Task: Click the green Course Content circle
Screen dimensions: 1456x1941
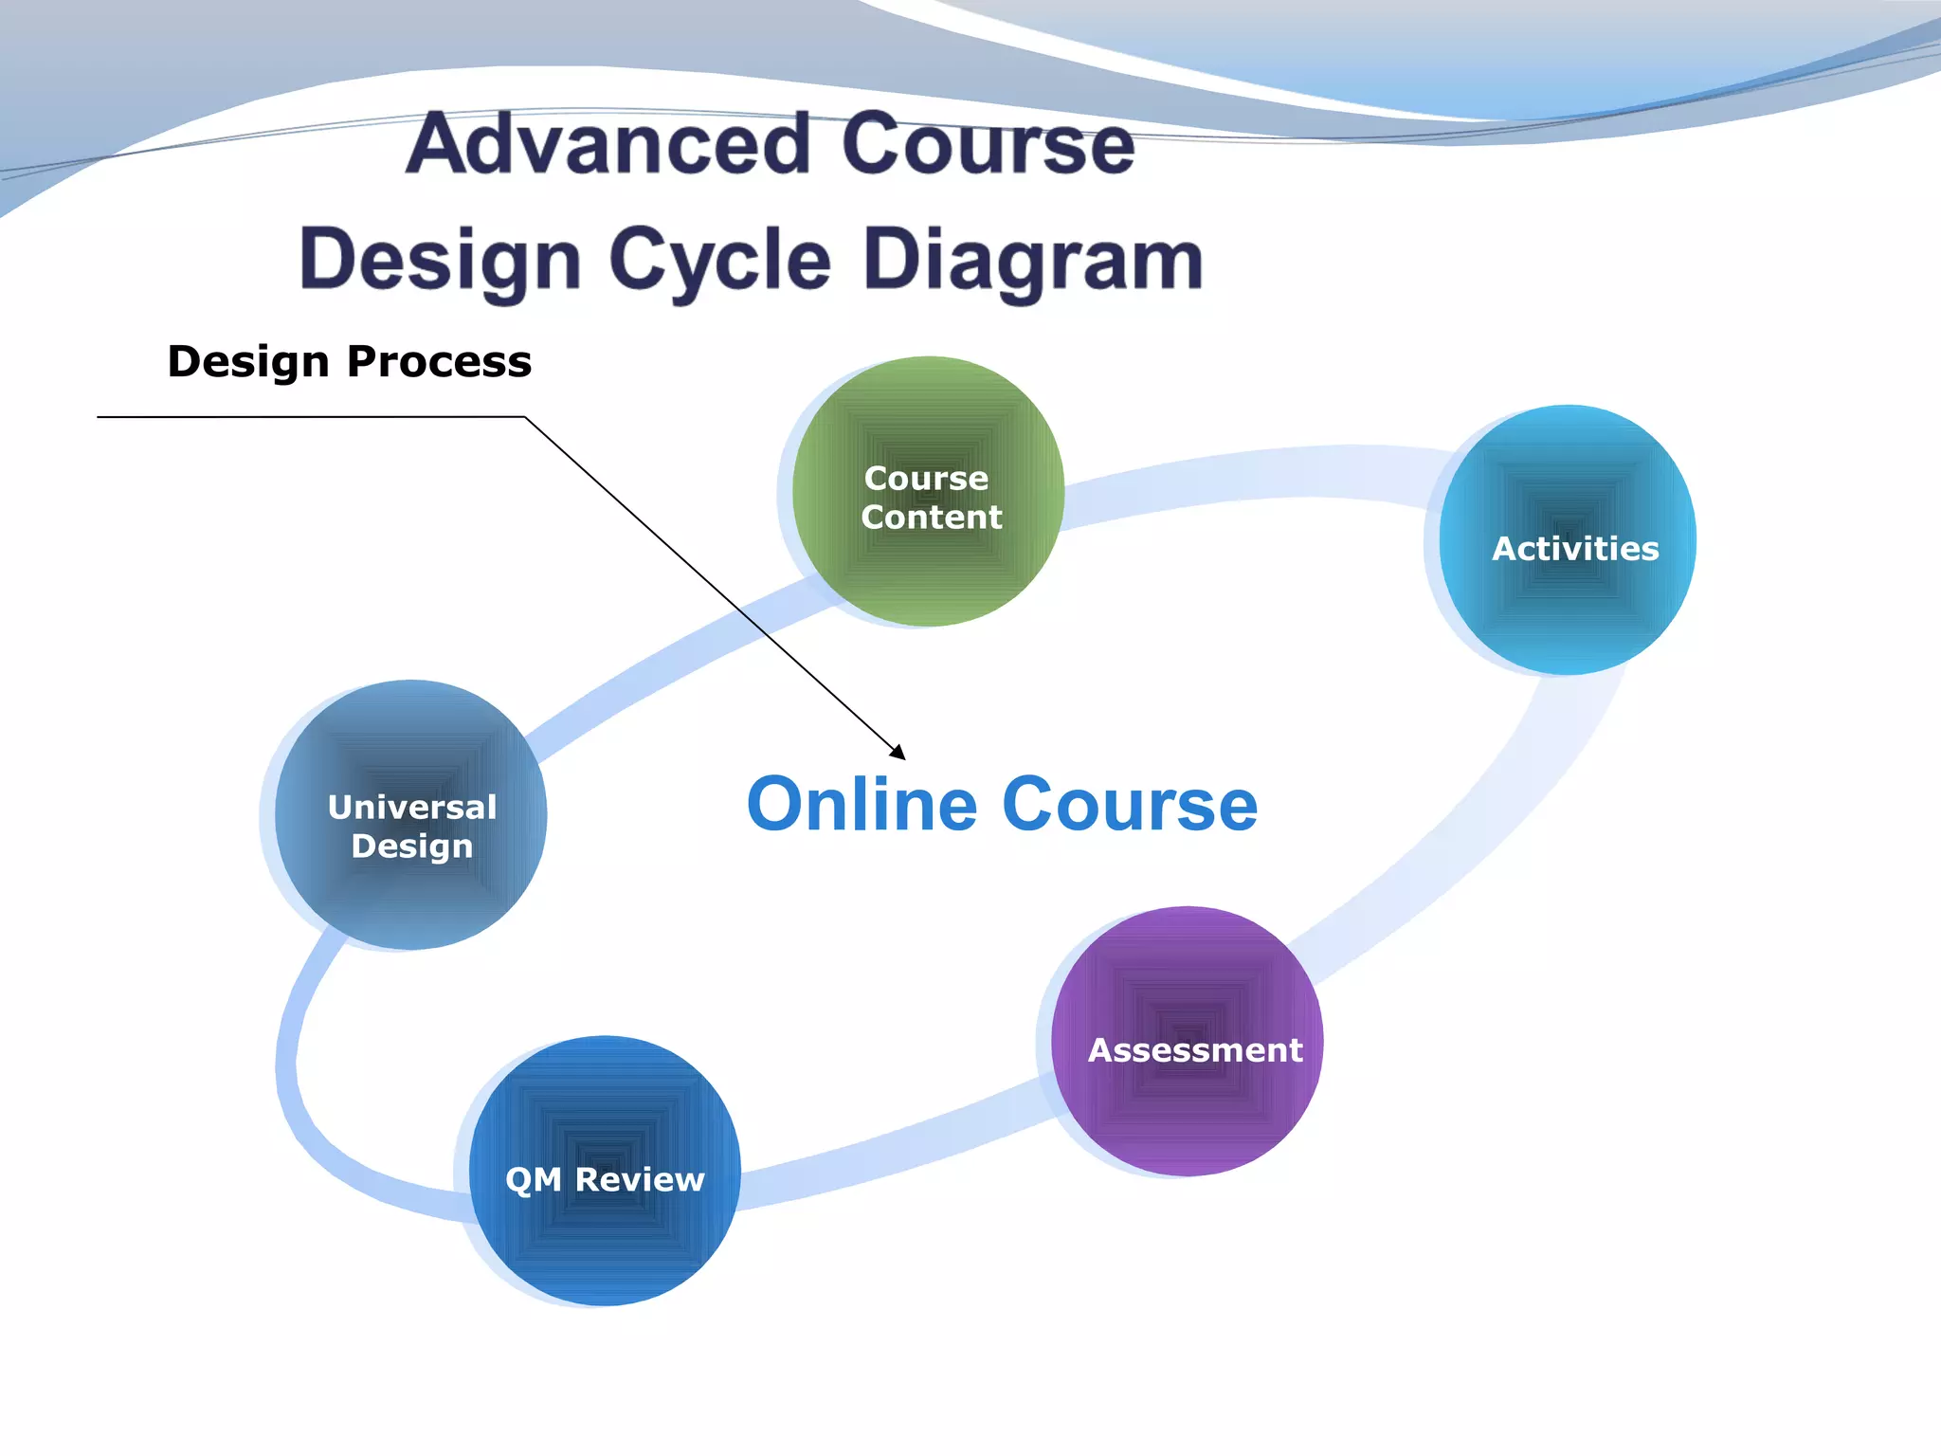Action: point(927,569)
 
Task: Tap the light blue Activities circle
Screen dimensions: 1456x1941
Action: point(1568,607)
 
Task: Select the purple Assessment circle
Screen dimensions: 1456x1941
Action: point(1187,1109)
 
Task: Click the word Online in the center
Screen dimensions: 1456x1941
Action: point(861,805)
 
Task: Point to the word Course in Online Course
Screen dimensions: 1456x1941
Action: point(1130,805)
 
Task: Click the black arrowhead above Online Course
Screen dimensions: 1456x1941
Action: point(898,753)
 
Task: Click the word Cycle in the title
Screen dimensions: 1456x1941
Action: point(719,261)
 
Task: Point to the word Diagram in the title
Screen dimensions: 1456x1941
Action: point(1033,261)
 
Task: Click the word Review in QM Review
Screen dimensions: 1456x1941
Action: point(640,1179)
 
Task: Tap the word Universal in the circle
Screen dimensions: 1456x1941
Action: point(412,808)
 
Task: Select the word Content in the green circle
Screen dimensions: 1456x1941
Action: point(931,518)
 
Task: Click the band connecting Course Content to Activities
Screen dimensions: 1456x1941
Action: point(1251,474)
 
